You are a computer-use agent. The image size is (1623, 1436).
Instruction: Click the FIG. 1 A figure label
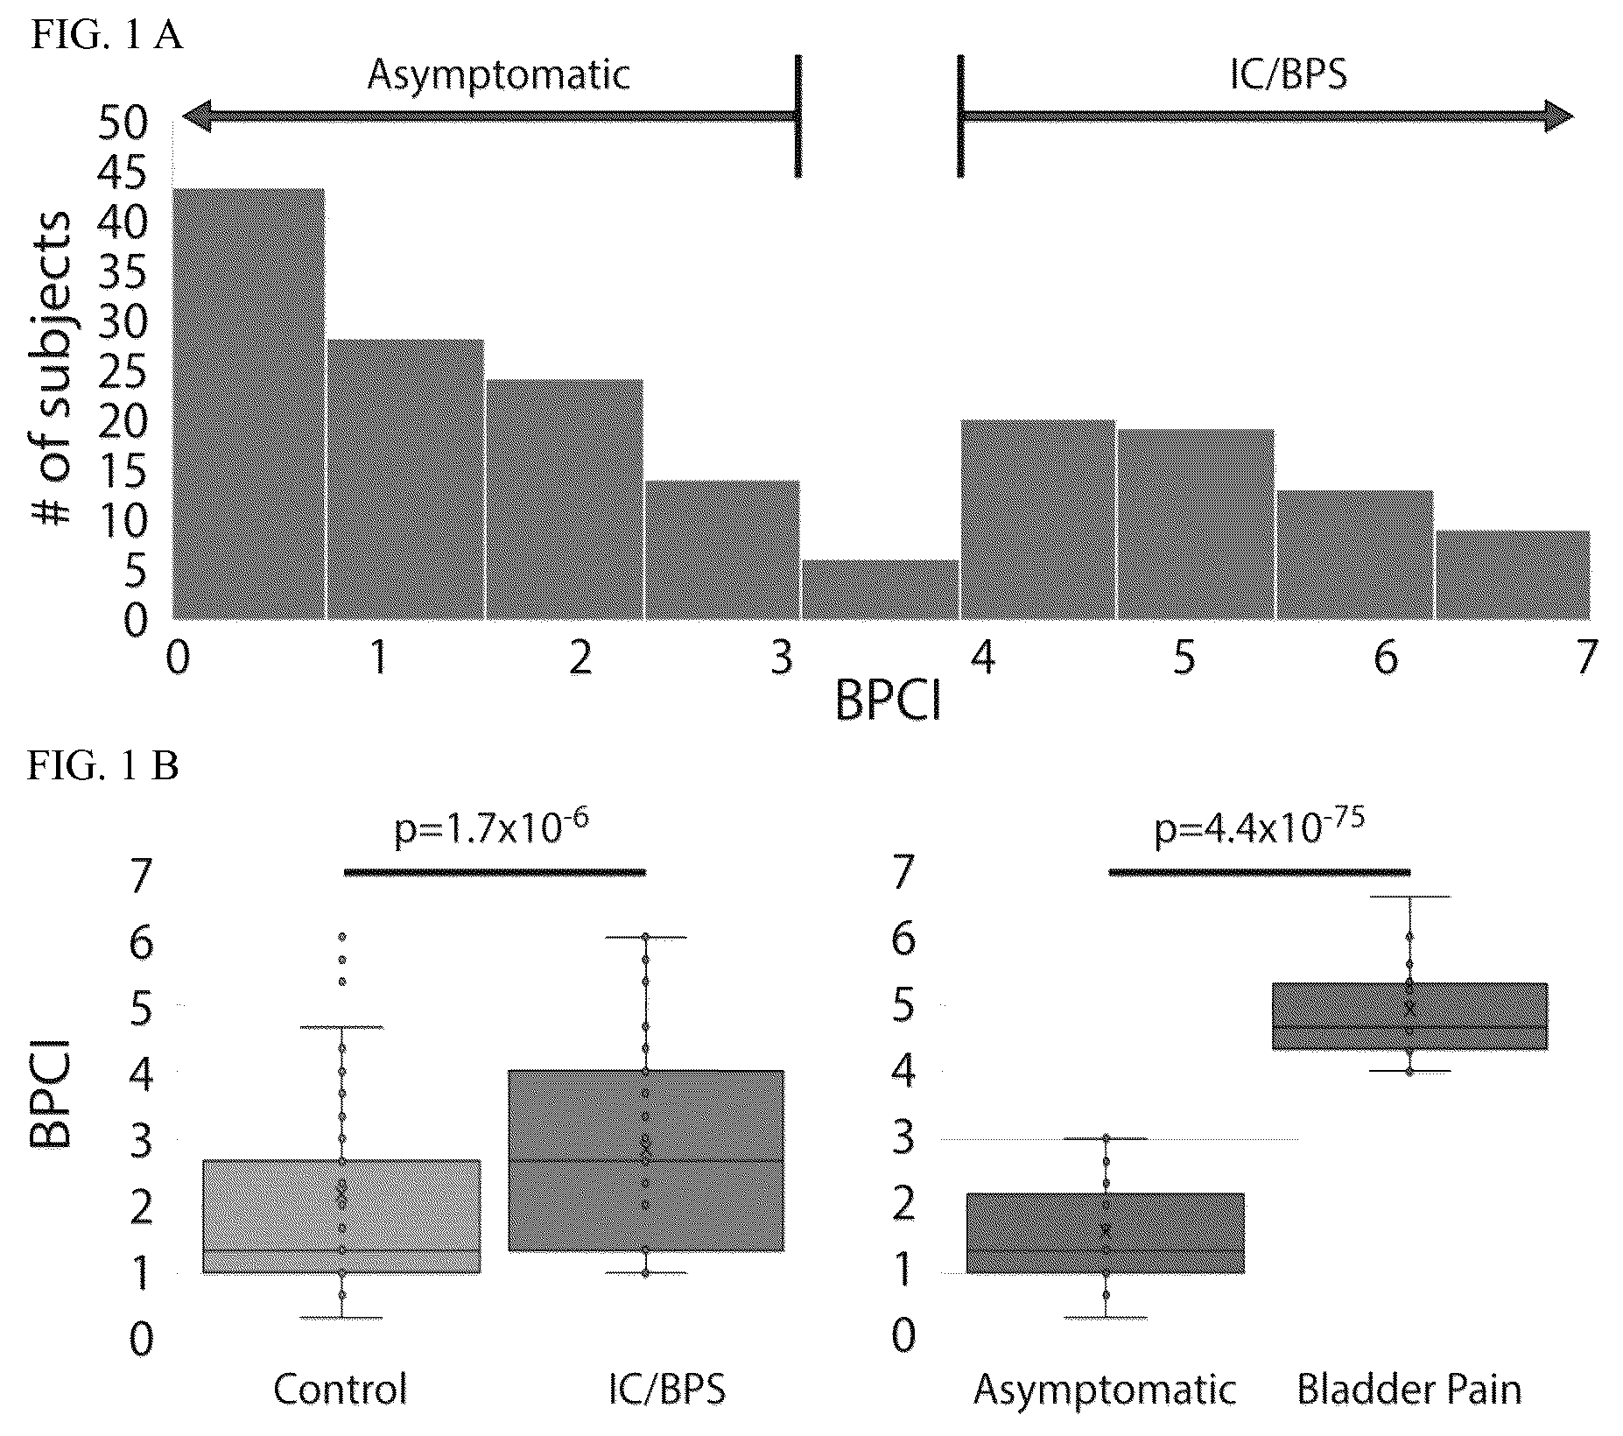[107, 37]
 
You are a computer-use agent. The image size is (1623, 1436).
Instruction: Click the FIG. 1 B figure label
[103, 766]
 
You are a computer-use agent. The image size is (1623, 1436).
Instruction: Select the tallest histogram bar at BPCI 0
[249, 404]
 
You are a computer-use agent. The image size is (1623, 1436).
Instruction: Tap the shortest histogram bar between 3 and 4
[880, 590]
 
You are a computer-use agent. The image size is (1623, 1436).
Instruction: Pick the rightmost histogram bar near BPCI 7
[1514, 575]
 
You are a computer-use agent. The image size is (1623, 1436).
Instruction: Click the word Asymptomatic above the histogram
[498, 74]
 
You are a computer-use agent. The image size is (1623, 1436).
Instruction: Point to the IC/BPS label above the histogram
[1289, 74]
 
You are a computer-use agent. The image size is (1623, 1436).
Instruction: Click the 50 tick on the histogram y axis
[123, 124]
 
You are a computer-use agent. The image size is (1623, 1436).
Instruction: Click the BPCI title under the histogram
[889, 701]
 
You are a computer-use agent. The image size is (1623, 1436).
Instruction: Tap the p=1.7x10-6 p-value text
[488, 827]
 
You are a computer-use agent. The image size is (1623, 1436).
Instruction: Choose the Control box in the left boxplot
[341, 1216]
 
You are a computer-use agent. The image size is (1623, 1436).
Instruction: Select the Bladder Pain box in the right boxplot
[1409, 1016]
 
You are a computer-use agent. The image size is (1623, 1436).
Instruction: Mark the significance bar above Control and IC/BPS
[495, 871]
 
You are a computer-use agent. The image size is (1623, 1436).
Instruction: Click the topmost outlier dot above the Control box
[342, 937]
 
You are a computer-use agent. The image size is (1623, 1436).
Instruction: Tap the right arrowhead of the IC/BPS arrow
[1558, 116]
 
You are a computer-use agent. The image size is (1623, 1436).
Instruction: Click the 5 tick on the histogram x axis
[1184, 657]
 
